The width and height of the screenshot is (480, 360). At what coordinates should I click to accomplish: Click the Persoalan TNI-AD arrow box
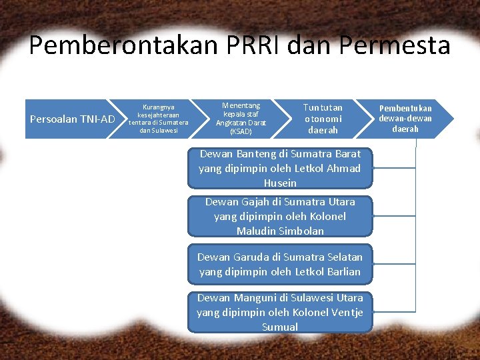coord(72,119)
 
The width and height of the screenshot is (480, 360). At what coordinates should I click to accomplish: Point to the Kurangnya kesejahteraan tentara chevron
coord(159,119)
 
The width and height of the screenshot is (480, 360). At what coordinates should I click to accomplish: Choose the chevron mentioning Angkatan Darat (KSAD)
coord(241,119)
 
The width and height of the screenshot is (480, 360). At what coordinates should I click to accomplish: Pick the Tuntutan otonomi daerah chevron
coord(323,119)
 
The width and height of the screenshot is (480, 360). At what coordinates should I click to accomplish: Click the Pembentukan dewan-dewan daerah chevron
coord(405,119)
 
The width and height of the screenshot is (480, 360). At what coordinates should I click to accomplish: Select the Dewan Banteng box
coord(280,168)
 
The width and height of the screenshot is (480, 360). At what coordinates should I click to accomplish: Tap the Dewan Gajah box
coord(280,216)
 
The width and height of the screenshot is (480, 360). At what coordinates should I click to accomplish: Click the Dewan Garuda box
coord(280,264)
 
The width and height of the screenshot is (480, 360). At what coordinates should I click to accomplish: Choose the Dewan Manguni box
coord(280,312)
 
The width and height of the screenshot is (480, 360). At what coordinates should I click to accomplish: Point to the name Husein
coord(280,183)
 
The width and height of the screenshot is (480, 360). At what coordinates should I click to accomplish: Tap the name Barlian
coord(344,272)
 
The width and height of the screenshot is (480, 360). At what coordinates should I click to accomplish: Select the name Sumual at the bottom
coord(280,327)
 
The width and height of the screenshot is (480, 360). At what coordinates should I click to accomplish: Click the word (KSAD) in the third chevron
coord(241,132)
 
